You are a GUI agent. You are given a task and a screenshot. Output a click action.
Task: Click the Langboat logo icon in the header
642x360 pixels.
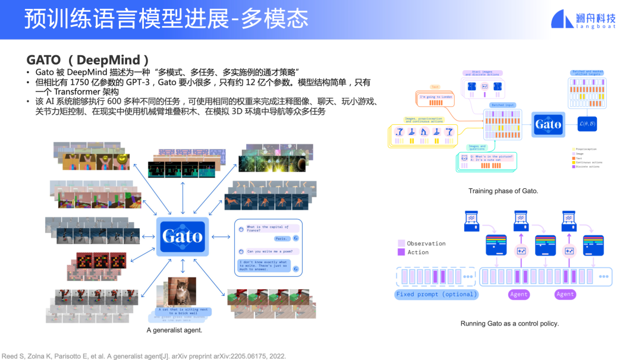coord(562,19)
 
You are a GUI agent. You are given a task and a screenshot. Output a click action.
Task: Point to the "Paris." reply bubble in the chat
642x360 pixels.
coord(282,238)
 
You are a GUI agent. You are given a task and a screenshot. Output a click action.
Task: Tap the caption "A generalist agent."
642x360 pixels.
coord(174,330)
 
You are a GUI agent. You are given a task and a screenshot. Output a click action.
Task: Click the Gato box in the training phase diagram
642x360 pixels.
coord(547,124)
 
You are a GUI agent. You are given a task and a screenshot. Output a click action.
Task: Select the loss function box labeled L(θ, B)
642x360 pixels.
coord(587,124)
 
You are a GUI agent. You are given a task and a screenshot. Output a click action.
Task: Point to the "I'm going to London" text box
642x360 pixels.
coord(436,97)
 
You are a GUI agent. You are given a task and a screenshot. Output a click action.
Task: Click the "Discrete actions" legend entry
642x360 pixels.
coord(588,167)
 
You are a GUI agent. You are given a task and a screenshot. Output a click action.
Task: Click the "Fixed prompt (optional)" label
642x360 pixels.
coord(436,294)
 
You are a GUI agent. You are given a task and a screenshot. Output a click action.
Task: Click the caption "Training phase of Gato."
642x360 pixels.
coord(503,191)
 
